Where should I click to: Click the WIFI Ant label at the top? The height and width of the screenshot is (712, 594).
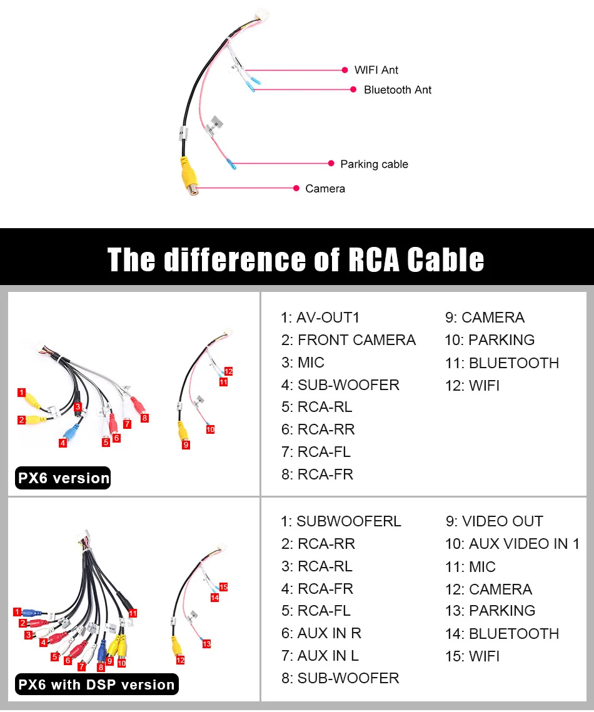click(376, 70)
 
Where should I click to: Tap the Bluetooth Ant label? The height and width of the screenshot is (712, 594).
click(398, 90)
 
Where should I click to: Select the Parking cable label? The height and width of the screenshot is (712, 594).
click(374, 164)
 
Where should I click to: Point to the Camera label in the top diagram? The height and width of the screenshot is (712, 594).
click(325, 189)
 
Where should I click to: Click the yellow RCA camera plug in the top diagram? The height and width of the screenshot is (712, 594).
click(188, 177)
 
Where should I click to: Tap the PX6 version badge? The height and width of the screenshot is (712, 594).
click(64, 478)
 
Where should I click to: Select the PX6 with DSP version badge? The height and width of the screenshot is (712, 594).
click(96, 684)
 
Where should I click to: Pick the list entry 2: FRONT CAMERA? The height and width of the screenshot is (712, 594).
click(348, 340)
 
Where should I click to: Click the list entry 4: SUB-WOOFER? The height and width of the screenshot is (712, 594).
click(340, 385)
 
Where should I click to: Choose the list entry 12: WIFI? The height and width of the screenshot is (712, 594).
click(472, 386)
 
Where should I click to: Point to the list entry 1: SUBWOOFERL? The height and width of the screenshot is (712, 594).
click(341, 521)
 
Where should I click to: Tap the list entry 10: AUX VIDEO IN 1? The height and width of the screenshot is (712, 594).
click(512, 544)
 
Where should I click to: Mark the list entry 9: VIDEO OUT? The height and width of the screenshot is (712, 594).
click(494, 521)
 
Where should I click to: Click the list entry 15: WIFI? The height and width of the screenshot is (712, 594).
click(472, 656)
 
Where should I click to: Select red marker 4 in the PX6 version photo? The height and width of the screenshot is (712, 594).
click(63, 443)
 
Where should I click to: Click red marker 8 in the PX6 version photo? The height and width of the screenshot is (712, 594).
click(145, 418)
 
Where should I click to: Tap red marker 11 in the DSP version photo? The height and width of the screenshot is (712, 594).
click(133, 614)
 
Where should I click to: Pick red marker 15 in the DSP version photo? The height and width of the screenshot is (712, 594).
click(223, 587)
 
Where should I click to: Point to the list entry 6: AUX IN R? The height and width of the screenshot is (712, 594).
click(321, 633)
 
